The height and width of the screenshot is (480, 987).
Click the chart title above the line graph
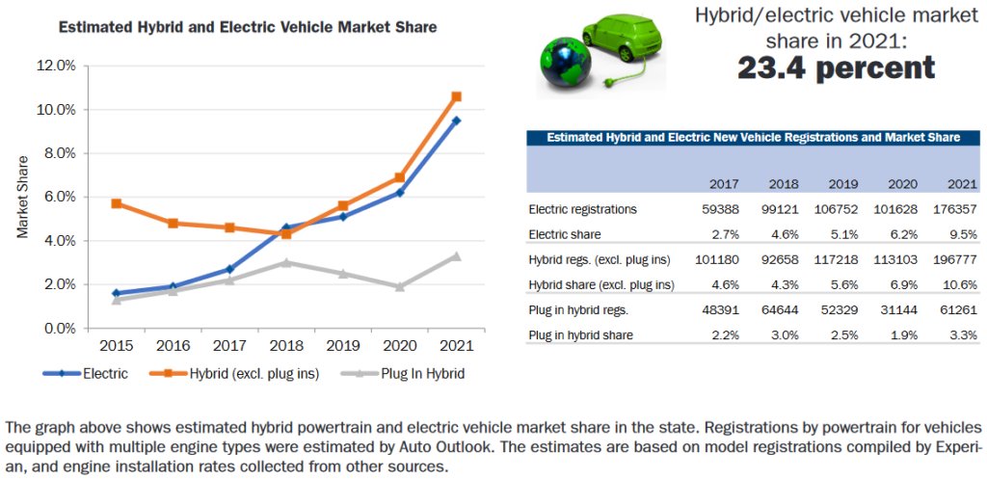coord(248,27)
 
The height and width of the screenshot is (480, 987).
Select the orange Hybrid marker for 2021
coord(456,96)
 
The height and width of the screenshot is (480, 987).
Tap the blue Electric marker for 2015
coord(117,293)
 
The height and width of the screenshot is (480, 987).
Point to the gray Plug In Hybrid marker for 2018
coord(286,262)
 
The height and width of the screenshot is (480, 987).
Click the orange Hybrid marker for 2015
coord(117,203)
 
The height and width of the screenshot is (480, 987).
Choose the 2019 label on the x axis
coord(342,345)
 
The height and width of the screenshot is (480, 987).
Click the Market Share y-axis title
coord(22,197)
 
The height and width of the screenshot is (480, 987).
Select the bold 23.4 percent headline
coord(835,67)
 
